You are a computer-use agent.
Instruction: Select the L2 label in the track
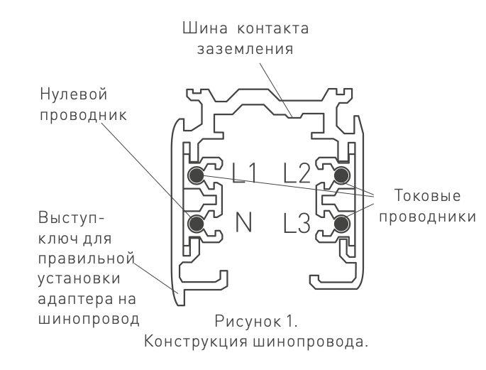pyautogui.click(x=297, y=173)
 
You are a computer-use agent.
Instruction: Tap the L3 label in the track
pyautogui.click(x=297, y=224)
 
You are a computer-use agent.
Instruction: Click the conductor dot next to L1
pyautogui.click(x=195, y=175)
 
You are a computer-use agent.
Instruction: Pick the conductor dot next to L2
pyautogui.click(x=342, y=175)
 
